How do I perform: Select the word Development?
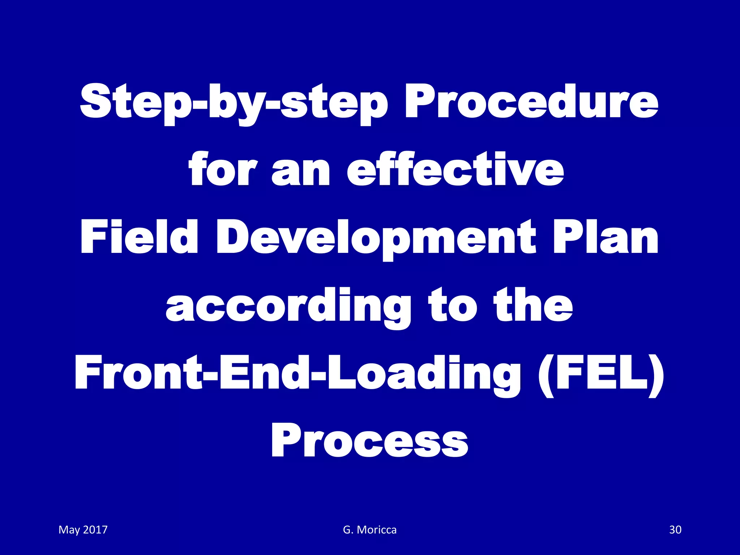pos(376,238)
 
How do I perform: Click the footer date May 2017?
pos(83,530)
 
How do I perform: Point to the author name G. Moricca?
pos(370,530)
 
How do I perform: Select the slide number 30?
pos(675,530)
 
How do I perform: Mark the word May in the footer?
pos(69,530)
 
